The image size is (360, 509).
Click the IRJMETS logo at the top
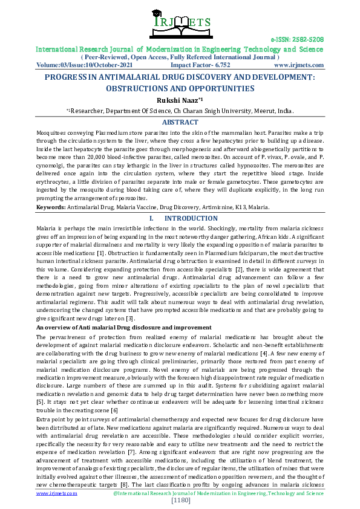coord(180,22)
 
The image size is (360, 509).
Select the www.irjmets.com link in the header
coord(298,65)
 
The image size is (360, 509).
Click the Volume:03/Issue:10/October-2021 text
coord(80,65)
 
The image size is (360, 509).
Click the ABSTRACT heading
coord(180,122)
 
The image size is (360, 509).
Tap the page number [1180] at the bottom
coord(180,501)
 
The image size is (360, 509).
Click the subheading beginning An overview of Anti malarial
coord(116,327)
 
